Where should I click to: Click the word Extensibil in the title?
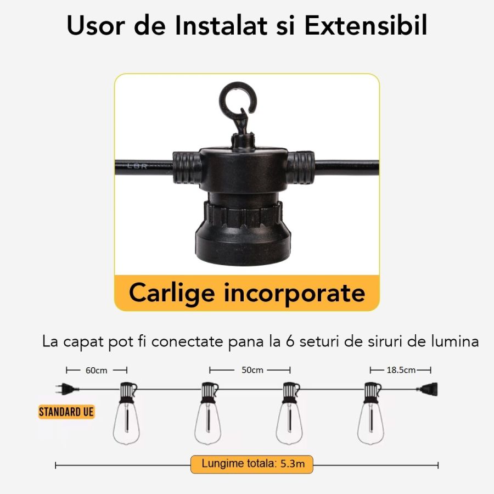click(x=366, y=25)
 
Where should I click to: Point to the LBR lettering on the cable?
click(x=137, y=166)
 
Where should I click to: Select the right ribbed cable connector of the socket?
click(x=300, y=167)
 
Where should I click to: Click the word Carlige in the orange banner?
click(x=172, y=294)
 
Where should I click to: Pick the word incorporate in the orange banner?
click(x=295, y=294)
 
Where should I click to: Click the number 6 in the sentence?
click(x=290, y=341)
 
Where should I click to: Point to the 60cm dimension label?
click(x=97, y=370)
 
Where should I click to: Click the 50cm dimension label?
click(x=252, y=370)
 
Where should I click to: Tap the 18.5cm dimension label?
click(x=401, y=370)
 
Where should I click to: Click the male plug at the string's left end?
click(x=67, y=389)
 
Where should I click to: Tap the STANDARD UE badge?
click(x=66, y=412)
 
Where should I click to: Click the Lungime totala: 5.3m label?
click(x=252, y=464)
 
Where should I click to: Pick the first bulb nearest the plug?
click(x=127, y=413)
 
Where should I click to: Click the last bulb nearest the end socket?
click(x=371, y=413)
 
